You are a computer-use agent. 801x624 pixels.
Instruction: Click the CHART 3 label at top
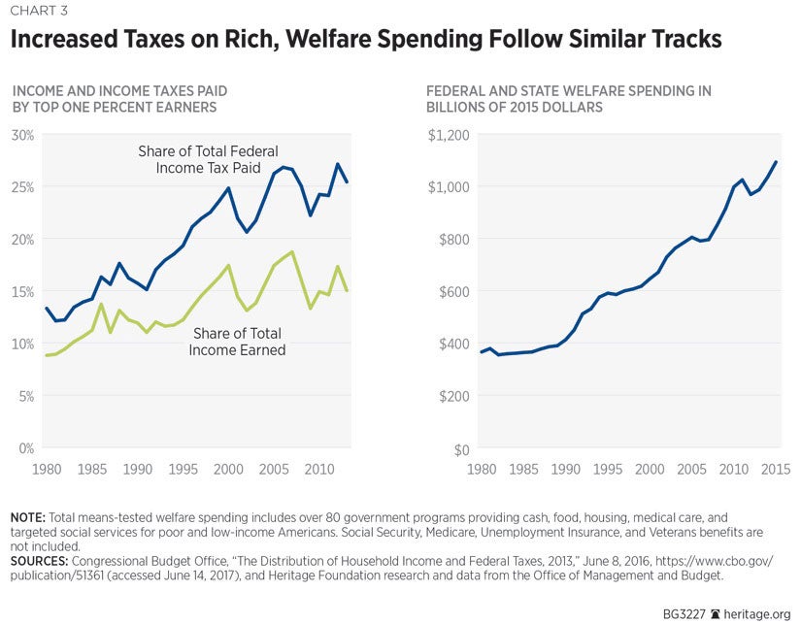point(39,13)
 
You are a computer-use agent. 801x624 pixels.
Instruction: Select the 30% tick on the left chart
point(21,134)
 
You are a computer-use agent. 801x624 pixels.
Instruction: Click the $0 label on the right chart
point(462,449)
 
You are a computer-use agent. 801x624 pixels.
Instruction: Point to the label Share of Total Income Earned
point(239,342)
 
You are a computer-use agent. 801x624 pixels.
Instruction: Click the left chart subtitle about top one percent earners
point(115,99)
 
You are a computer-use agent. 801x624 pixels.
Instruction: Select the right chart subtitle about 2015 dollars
point(569,99)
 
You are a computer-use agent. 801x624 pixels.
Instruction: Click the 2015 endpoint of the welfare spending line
point(776,162)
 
